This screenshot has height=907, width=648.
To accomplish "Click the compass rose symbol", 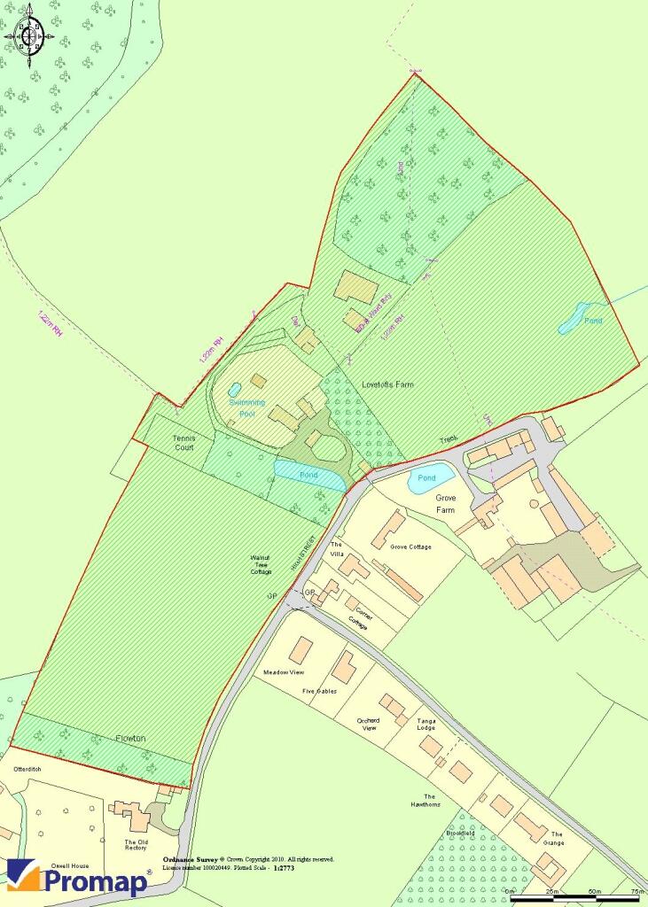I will coord(28,36).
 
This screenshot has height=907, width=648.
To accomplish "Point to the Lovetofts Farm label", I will coord(387,384).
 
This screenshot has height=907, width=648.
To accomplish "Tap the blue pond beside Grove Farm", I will coord(431,479).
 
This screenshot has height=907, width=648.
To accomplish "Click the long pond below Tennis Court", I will coord(308,475).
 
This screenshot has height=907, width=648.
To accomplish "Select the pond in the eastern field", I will coord(577,319).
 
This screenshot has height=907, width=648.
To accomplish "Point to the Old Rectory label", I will coord(136,845).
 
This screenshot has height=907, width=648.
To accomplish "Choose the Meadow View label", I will coord(285,672).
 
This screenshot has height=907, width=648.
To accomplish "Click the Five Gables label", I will coord(319,691).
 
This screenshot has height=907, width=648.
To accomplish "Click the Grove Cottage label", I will coord(410,547).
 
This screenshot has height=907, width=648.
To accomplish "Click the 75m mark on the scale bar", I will coord(636,891).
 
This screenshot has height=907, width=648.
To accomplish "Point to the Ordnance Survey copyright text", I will coord(248,859).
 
